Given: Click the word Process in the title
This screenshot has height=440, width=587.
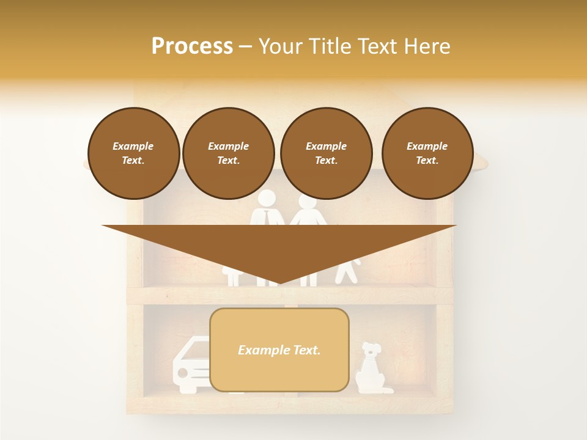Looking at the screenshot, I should (x=192, y=46).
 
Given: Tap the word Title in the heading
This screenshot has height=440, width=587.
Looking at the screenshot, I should (x=328, y=46).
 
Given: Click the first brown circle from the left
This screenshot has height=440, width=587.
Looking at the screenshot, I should (x=133, y=153).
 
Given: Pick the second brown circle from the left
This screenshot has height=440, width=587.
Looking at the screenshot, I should (x=228, y=153).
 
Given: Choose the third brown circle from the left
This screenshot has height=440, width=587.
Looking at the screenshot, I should (x=326, y=153).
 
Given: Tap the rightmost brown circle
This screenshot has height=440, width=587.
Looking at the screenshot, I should (x=427, y=153).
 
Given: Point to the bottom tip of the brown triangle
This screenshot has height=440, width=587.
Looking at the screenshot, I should (x=279, y=283).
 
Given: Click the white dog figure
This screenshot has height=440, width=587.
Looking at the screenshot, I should (x=371, y=369).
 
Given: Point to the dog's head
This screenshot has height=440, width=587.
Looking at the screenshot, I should (x=371, y=350).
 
